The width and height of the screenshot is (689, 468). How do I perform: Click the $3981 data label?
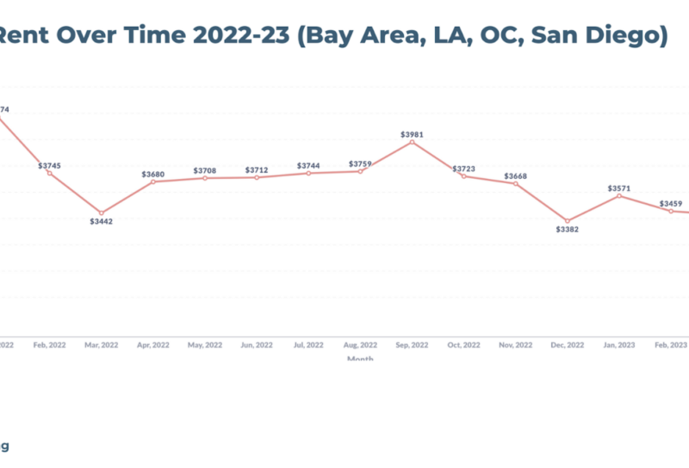tap(412, 134)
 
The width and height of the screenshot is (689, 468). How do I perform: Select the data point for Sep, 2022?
tap(412, 142)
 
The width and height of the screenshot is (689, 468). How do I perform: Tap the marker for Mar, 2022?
tap(102, 212)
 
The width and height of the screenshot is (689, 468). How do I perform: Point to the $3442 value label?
tap(102, 222)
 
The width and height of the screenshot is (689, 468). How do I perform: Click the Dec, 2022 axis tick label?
tap(567, 344)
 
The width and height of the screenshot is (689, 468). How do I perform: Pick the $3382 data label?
tap(567, 230)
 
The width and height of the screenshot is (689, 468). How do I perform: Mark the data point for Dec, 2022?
tap(567, 221)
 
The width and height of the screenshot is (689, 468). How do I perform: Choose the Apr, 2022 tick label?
tap(153, 344)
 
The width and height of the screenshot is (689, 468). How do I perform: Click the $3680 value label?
tap(153, 174)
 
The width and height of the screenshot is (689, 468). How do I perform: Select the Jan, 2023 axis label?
tap(618, 344)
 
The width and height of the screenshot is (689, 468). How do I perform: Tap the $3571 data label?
tap(618, 188)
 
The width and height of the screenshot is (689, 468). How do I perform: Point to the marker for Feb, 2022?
tap(50, 173)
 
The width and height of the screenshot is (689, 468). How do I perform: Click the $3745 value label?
tap(50, 165)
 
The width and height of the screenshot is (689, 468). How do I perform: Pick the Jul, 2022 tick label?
tap(308, 344)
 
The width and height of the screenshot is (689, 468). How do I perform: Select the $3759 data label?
tap(360, 163)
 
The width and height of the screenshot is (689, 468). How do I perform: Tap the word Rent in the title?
tap(23, 37)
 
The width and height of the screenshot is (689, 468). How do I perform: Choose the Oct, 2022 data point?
tap(463, 175)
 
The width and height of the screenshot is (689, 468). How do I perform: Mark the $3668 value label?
tap(515, 175)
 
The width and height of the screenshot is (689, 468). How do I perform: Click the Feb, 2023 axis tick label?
tap(670, 344)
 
